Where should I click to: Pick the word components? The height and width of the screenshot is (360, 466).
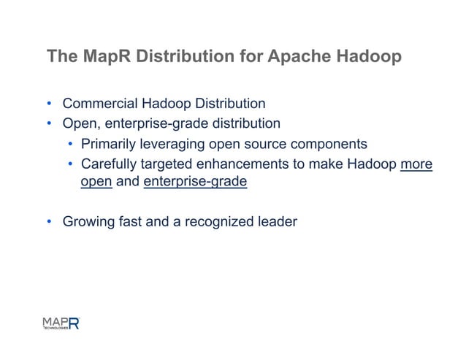pos(325,143)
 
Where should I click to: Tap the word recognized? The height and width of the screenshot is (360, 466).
pos(219,221)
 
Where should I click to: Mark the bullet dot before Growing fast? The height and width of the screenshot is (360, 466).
pos(50,222)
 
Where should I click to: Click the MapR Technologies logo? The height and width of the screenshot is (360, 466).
pos(60,323)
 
